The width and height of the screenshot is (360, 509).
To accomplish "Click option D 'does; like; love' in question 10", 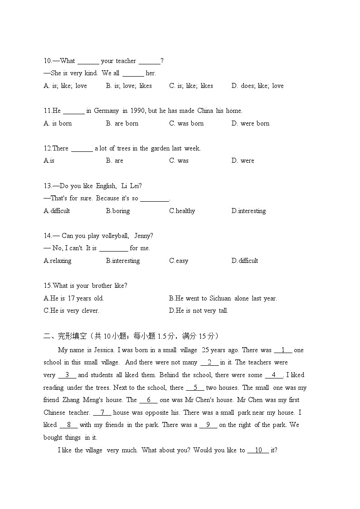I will [258, 86].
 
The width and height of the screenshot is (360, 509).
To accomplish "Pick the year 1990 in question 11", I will [137, 111].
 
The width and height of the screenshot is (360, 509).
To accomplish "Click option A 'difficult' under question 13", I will [57, 211].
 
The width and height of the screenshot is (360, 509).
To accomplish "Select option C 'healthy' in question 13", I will [182, 211].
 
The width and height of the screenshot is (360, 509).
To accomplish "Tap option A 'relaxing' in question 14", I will [58, 261].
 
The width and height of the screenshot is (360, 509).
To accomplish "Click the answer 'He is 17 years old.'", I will [74, 298].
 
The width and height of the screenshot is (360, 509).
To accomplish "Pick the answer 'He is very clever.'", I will [72, 310].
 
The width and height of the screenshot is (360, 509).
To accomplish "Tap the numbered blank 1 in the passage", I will [283, 350].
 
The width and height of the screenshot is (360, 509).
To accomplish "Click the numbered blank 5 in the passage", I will [195, 388].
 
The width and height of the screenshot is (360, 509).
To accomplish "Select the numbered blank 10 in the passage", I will [258, 450].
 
